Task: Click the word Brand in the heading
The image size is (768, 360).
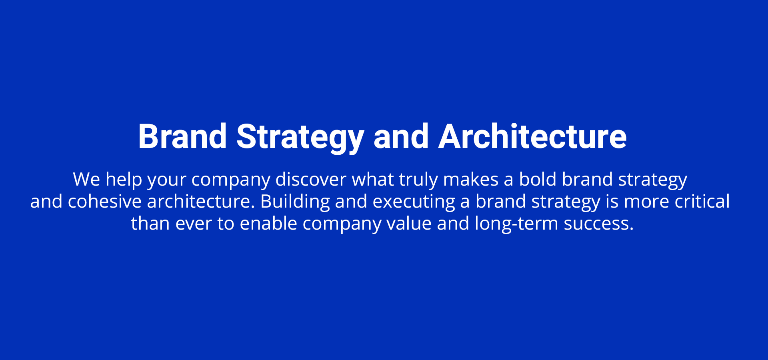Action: point(182,136)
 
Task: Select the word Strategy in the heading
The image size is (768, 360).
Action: point(300,138)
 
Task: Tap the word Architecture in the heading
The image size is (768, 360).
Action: point(532,136)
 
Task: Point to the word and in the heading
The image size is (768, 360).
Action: point(401,136)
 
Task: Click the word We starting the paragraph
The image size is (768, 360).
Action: point(86,179)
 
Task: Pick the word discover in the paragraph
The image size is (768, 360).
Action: point(311,179)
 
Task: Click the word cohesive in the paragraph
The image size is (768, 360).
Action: point(104,201)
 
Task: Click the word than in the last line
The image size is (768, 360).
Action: point(150,223)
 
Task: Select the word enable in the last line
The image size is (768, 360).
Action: point(268,223)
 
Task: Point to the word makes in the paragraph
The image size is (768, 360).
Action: point(471,179)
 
